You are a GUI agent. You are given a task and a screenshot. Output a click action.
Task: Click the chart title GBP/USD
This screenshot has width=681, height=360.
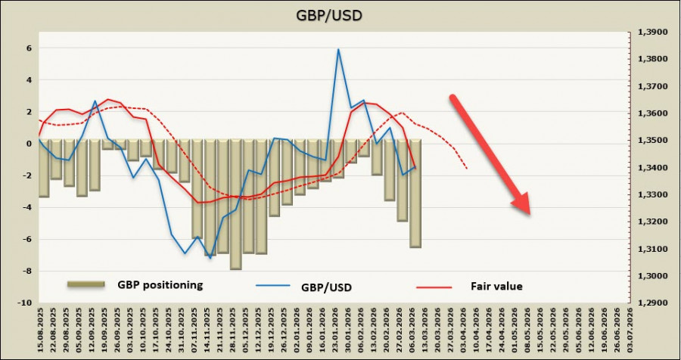(x=340, y=15)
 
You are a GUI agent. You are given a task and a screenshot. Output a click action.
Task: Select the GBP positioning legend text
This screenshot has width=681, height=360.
(x=160, y=285)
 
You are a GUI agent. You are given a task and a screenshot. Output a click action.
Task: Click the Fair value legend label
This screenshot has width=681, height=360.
(x=496, y=286)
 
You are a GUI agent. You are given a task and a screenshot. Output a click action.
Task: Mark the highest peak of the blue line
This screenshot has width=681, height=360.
(x=338, y=50)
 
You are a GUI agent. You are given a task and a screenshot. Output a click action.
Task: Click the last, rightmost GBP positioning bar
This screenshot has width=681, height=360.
(x=415, y=193)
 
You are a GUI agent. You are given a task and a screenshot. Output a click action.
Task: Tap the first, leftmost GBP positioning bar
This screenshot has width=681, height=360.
(x=44, y=168)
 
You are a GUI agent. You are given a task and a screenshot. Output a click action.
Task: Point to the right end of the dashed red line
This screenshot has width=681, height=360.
(x=467, y=168)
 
